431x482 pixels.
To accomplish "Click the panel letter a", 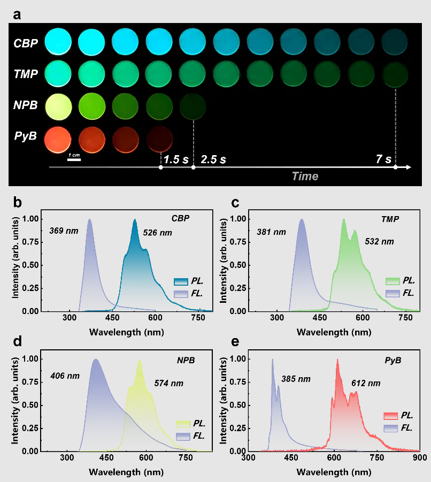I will (x=17, y=14).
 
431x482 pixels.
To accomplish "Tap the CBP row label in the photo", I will (x=26, y=43).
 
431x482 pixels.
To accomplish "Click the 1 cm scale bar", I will (x=74, y=159).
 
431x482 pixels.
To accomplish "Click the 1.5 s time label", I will (x=175, y=159).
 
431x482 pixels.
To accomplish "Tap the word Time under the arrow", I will (x=305, y=176).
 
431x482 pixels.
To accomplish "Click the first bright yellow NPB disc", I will (x=58, y=105).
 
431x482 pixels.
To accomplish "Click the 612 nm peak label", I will (x=366, y=383).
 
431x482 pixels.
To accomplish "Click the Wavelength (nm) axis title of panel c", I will (x=334, y=332).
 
